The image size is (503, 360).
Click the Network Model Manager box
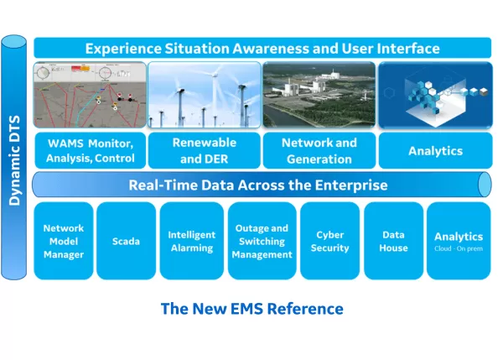(64, 241)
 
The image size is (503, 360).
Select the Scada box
(126, 241)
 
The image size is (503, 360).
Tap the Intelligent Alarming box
(191, 241)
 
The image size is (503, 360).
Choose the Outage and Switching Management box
(262, 241)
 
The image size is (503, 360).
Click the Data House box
(393, 241)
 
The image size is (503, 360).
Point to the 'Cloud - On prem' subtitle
(458, 249)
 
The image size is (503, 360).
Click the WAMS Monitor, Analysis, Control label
(90, 150)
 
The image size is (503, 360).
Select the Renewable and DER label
(205, 150)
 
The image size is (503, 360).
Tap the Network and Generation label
(319, 150)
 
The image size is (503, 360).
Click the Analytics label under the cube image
(435, 151)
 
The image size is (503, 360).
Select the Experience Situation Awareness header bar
(262, 48)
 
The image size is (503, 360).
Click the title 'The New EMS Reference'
(251, 308)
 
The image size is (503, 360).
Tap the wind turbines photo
(205, 94)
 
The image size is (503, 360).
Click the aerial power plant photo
(319, 94)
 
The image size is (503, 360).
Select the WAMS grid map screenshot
(90, 94)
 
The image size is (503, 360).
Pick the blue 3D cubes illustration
(435, 94)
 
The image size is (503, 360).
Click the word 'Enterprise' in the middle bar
(353, 185)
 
